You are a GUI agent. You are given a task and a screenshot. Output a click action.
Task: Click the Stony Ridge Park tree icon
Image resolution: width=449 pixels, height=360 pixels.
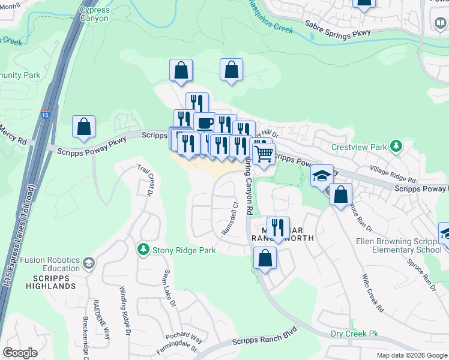coord(143,248)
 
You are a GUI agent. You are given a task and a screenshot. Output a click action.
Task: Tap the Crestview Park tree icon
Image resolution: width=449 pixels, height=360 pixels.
coord(396,146)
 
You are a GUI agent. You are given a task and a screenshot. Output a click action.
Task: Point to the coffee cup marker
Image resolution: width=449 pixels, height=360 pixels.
coord(205,123)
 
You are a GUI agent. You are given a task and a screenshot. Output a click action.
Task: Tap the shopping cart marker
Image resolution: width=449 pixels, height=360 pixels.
coord(264,154)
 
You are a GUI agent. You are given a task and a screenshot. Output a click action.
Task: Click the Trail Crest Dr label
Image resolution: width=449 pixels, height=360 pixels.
coord(146,181)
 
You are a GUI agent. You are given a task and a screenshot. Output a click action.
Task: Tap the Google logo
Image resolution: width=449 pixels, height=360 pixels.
coord(20,353)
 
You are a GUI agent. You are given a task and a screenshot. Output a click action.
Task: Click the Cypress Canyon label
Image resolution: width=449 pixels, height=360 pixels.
coord(94,14)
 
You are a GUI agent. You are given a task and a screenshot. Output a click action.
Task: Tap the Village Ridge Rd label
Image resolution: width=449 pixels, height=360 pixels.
coord(393,175)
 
